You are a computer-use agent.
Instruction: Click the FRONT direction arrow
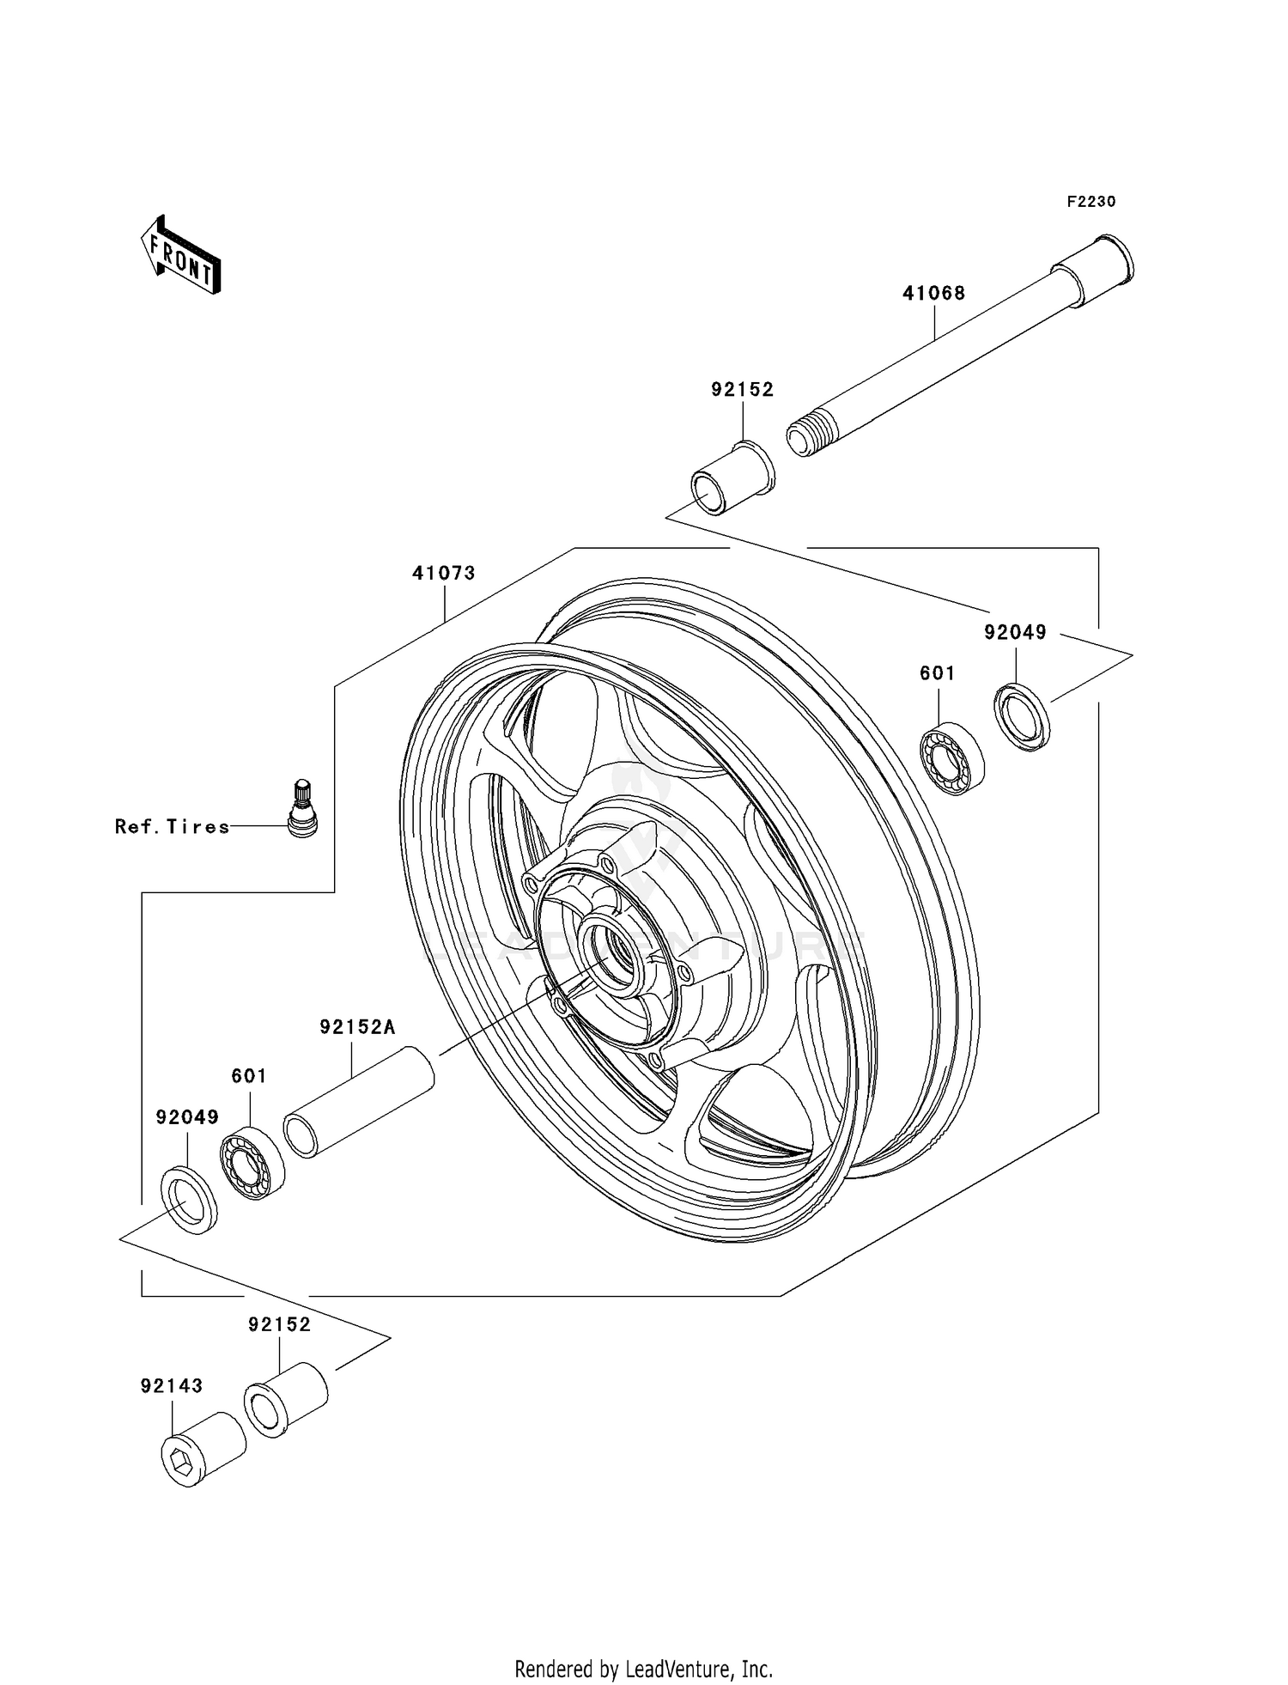coord(181,256)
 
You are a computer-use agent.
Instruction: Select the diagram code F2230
coord(1091,202)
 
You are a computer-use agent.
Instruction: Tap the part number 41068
coord(933,293)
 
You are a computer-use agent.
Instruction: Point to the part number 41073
coord(443,573)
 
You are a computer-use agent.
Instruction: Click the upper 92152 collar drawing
coord(731,478)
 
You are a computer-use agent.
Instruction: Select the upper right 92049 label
coord(1015,632)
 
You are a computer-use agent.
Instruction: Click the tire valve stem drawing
coord(301,808)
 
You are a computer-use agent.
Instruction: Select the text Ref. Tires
coord(173,827)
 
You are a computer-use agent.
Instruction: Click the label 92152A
coord(357,1027)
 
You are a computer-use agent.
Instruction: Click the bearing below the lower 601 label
coord(252,1162)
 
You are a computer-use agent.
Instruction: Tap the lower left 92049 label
coord(187,1117)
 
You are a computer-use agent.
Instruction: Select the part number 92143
coord(172,1386)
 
